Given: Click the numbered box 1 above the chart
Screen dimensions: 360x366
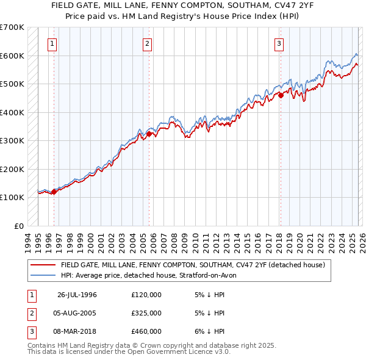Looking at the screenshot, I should (52, 43).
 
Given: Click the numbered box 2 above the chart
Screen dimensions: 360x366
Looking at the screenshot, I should (148, 43).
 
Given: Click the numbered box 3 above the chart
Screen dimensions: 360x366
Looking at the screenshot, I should (279, 43).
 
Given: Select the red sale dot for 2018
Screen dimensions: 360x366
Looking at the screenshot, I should (281, 95).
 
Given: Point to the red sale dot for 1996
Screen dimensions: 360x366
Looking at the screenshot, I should (54, 192).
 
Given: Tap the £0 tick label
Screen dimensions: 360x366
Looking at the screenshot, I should (19, 226).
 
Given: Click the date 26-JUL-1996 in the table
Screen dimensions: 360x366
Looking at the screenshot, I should (77, 295).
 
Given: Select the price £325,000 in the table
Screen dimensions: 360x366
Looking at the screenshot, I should (146, 313).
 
